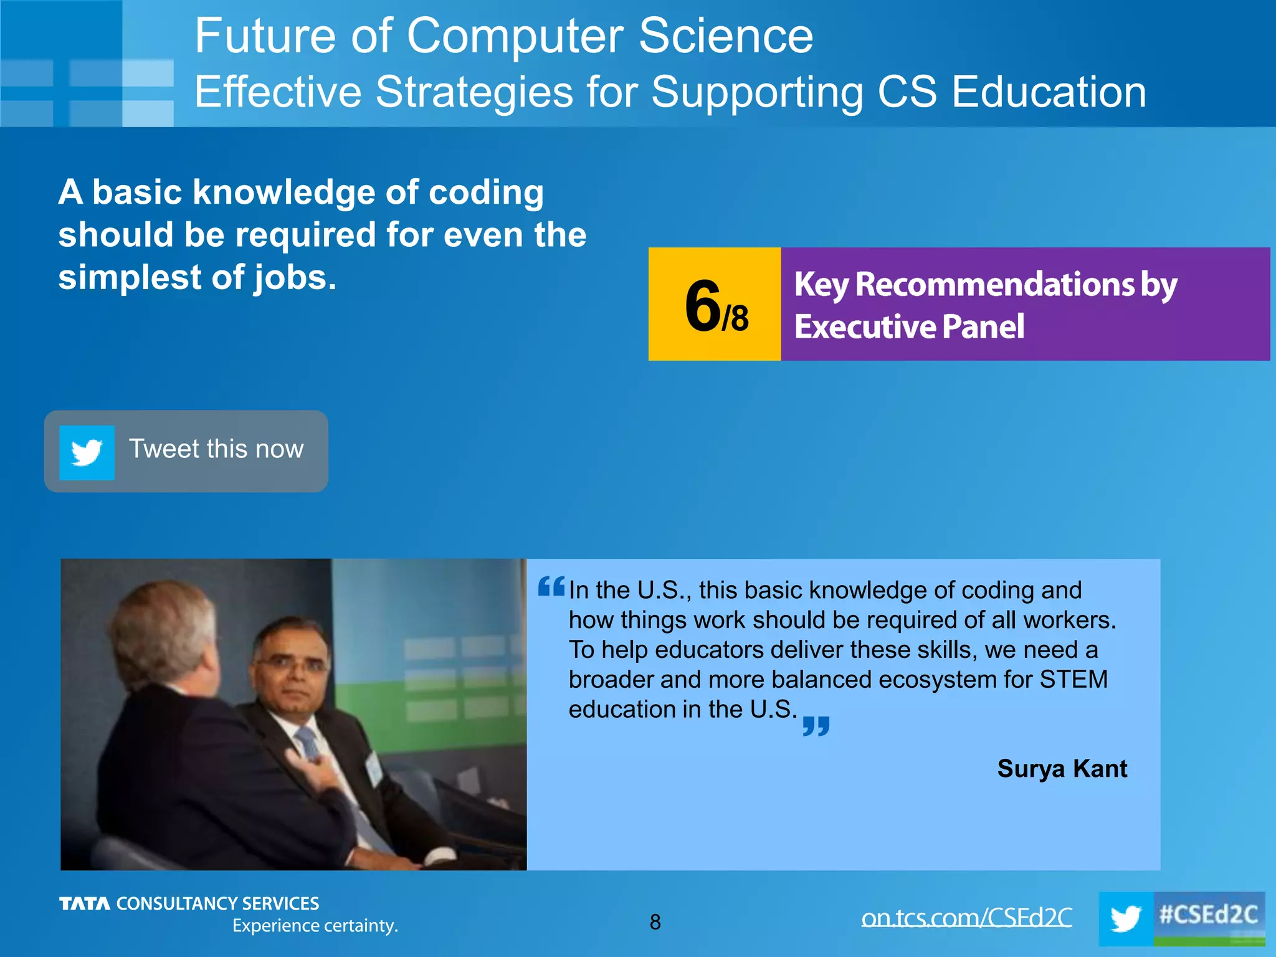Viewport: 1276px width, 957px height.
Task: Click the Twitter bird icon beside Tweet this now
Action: tap(87, 452)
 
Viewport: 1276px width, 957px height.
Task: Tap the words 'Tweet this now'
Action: tap(216, 449)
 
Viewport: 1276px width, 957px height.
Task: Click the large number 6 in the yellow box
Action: tap(702, 305)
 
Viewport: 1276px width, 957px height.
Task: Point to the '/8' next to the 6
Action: tap(736, 318)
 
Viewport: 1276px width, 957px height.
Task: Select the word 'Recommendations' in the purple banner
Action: tap(994, 285)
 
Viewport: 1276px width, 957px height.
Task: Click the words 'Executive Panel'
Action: tap(909, 326)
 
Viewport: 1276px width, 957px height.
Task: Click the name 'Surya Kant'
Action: tap(1062, 768)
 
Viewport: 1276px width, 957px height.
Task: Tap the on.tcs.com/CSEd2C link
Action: tap(966, 917)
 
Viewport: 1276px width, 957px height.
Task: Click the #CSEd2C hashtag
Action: tap(1208, 915)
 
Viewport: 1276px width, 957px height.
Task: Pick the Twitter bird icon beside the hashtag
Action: tap(1125, 919)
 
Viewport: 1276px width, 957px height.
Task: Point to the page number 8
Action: tap(655, 922)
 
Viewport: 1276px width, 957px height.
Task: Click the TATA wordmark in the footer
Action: tap(84, 903)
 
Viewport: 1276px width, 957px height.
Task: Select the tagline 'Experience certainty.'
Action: tap(315, 926)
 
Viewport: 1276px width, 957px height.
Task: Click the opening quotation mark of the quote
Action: tap(551, 586)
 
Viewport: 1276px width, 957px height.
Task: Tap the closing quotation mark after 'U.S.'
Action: tap(816, 726)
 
